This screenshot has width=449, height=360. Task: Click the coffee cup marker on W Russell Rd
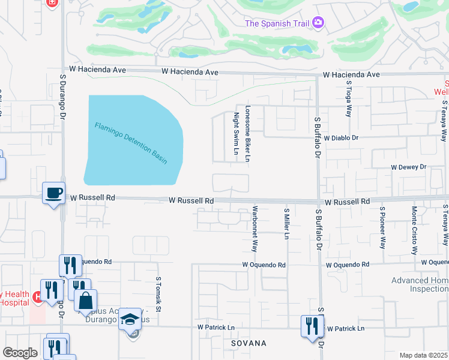54,193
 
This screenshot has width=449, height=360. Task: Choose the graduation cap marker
130,320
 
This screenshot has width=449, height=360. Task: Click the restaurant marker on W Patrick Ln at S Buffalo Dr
311,327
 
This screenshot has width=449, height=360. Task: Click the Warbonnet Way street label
255,230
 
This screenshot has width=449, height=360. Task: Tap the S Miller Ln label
287,223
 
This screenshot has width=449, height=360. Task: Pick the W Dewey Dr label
408,167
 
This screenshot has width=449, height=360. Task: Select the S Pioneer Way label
382,227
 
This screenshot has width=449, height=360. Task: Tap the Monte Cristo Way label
414,227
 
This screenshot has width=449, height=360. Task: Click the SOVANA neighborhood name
249,343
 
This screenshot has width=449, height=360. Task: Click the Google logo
20,353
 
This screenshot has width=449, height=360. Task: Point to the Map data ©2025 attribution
423,355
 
